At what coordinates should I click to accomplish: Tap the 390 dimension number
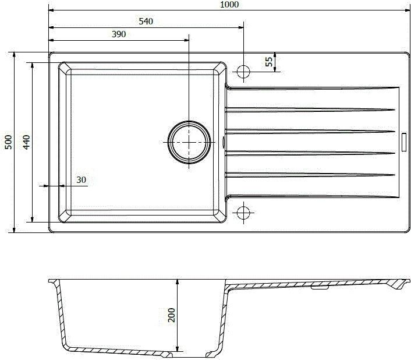pyautogui.click(x=119, y=35)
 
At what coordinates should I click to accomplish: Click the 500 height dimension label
pyautogui.click(x=8, y=143)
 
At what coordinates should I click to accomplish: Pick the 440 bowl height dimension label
pyautogui.click(x=26, y=143)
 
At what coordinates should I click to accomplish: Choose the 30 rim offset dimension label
pyautogui.click(x=81, y=180)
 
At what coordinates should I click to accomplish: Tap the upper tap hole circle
pyautogui.click(x=243, y=71)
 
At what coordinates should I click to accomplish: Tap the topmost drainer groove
pyautogui.click(x=311, y=88)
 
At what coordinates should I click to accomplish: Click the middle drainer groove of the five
pyautogui.click(x=311, y=131)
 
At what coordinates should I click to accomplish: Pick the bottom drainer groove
pyautogui.click(x=311, y=195)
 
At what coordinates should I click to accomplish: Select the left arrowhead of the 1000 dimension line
pyautogui.click(x=51, y=10)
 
